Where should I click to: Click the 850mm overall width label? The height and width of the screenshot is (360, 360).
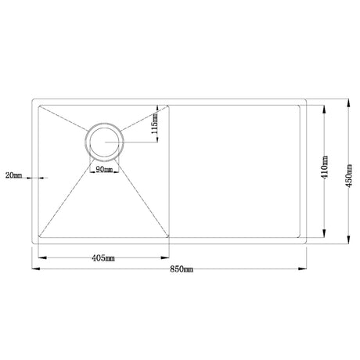click(x=179, y=268)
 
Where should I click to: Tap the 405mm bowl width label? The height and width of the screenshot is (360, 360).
click(x=103, y=256)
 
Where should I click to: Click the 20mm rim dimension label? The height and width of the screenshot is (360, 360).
click(x=13, y=174)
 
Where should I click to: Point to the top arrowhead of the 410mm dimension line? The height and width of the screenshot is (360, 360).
click(x=322, y=106)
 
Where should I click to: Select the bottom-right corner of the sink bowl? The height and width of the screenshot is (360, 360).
click(x=170, y=237)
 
